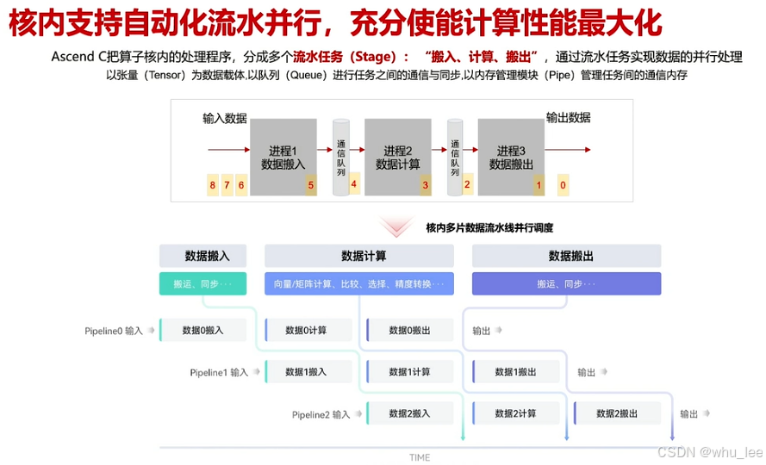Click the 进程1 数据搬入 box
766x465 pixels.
(283, 156)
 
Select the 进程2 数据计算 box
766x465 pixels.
(397, 156)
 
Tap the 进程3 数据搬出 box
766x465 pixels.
(512, 156)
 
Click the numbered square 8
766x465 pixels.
(212, 185)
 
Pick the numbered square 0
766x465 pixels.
(563, 185)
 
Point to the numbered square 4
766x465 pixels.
(353, 183)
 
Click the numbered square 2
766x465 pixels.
(467, 183)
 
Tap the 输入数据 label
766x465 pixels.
(225, 118)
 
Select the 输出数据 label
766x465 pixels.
(569, 118)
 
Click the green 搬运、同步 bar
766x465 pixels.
(202, 284)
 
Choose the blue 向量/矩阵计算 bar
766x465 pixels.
(358, 284)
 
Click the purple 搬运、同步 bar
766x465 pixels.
(566, 284)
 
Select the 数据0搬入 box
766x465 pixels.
(202, 330)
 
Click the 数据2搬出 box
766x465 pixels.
(618, 414)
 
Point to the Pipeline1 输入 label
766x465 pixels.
(219, 373)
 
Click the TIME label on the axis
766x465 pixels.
(420, 457)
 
